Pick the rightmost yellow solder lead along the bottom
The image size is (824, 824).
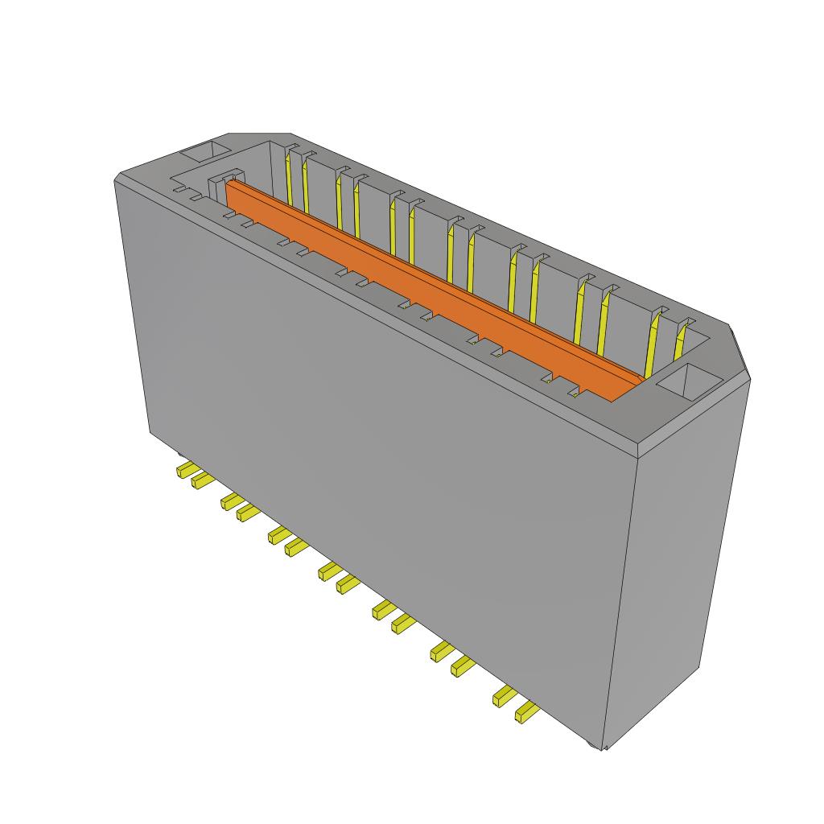click(526, 711)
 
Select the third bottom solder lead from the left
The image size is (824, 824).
click(232, 501)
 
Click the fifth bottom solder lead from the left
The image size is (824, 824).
click(278, 535)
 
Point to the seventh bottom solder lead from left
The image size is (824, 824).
click(328, 571)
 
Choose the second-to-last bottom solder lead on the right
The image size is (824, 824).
click(504, 696)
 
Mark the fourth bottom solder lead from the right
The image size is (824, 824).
click(440, 651)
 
